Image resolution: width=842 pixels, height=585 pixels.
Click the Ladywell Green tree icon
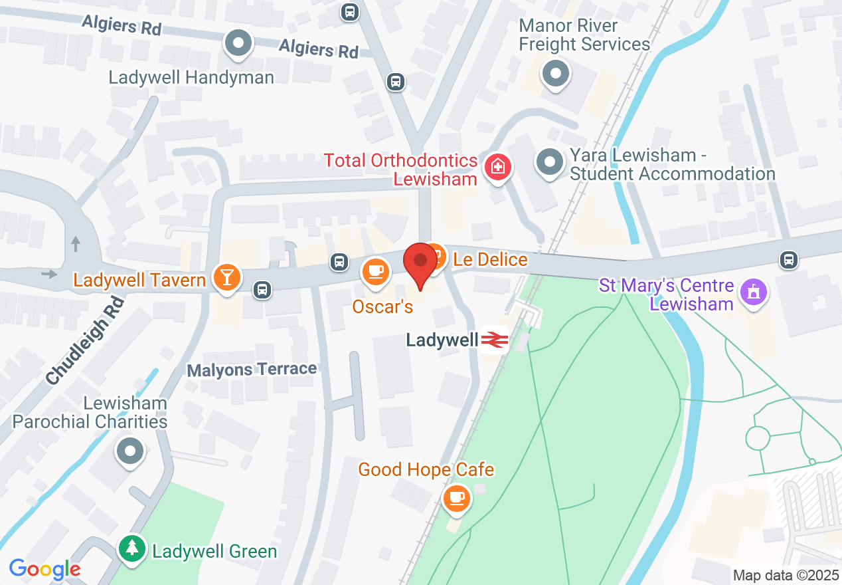133,548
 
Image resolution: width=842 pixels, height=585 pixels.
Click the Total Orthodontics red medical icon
497,166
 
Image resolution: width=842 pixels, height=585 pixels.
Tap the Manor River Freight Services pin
555,73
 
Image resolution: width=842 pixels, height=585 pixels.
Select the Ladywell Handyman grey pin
239,45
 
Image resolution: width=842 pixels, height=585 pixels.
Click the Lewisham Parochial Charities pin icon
130,452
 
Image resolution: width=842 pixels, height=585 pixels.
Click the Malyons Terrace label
252,370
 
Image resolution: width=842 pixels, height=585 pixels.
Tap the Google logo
44,569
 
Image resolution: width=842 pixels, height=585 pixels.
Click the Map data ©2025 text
785,575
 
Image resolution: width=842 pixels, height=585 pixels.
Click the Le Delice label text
490,259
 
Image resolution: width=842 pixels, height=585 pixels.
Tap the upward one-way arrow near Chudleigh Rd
75,243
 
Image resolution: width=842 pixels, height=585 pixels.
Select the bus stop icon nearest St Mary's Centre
788,259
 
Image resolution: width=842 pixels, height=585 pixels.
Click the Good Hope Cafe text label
426,469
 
